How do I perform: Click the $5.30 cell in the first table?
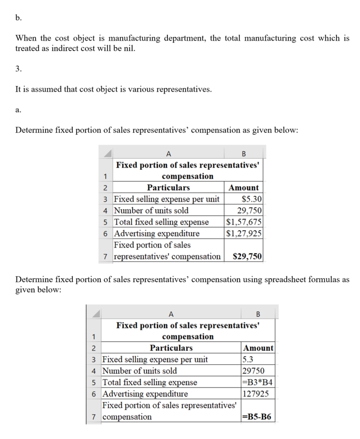tap(252, 199)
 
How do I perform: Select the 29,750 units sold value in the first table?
tap(250, 210)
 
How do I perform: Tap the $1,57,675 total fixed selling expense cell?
tap(244, 222)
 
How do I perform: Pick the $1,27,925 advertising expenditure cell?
tap(244, 234)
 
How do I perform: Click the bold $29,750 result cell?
tap(247, 257)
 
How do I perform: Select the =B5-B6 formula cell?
tap(257, 417)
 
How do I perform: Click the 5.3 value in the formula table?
tap(248, 359)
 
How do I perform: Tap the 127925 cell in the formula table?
tap(254, 394)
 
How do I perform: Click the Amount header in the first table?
tap(244, 188)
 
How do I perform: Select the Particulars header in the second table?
tap(171, 348)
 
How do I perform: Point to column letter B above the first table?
tap(244, 154)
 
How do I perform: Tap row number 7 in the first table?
tap(105, 257)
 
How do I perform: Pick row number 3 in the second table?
tap(94, 359)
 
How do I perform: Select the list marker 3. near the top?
tap(18, 69)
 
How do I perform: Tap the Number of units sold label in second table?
tap(139, 371)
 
